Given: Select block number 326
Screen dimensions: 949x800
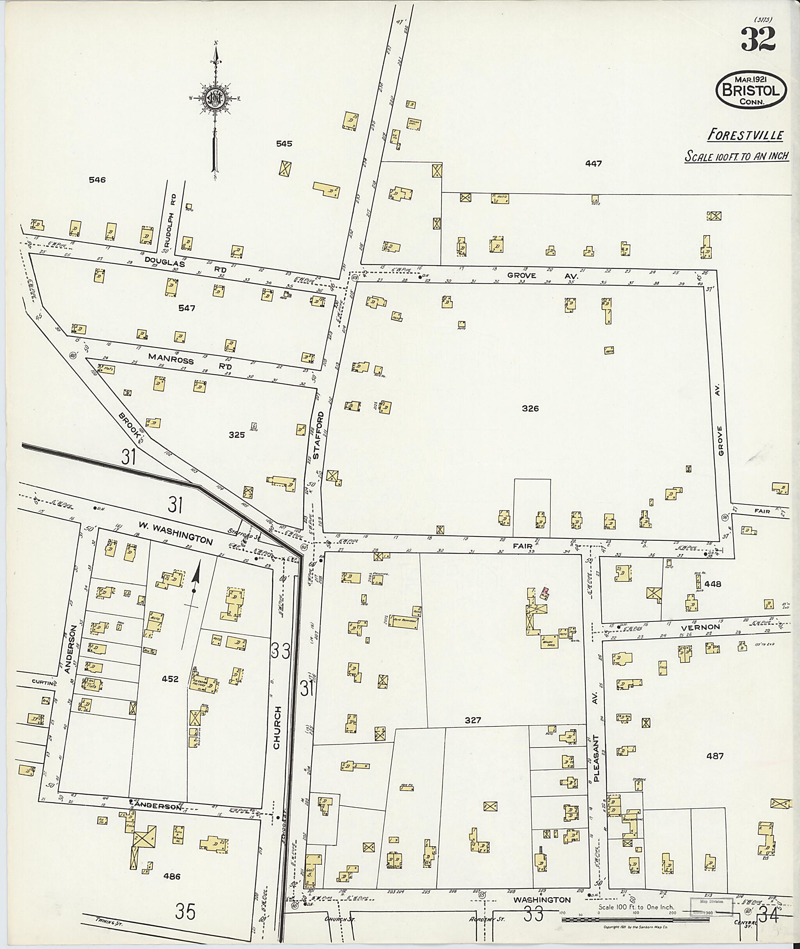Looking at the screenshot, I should point(530,408).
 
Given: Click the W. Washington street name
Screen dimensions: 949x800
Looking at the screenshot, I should point(175,534).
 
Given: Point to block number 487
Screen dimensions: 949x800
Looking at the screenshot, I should point(715,756).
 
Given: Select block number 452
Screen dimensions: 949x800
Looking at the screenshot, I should point(170,679).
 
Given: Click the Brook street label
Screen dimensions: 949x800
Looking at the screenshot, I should point(129,424).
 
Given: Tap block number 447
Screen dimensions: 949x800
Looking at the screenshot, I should point(593,163).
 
